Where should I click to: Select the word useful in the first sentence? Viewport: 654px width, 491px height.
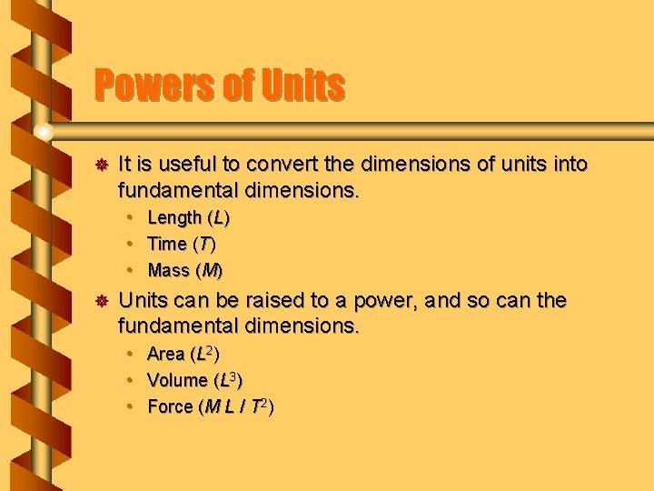[187, 165]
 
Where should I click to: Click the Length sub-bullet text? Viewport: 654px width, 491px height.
[174, 218]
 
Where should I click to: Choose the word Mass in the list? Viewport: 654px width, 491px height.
[168, 270]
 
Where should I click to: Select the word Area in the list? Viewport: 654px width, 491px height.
[165, 354]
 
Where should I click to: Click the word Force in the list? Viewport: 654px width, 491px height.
[170, 406]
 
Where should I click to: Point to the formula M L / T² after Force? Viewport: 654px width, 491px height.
[235, 406]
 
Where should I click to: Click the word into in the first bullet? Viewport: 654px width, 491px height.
[569, 165]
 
